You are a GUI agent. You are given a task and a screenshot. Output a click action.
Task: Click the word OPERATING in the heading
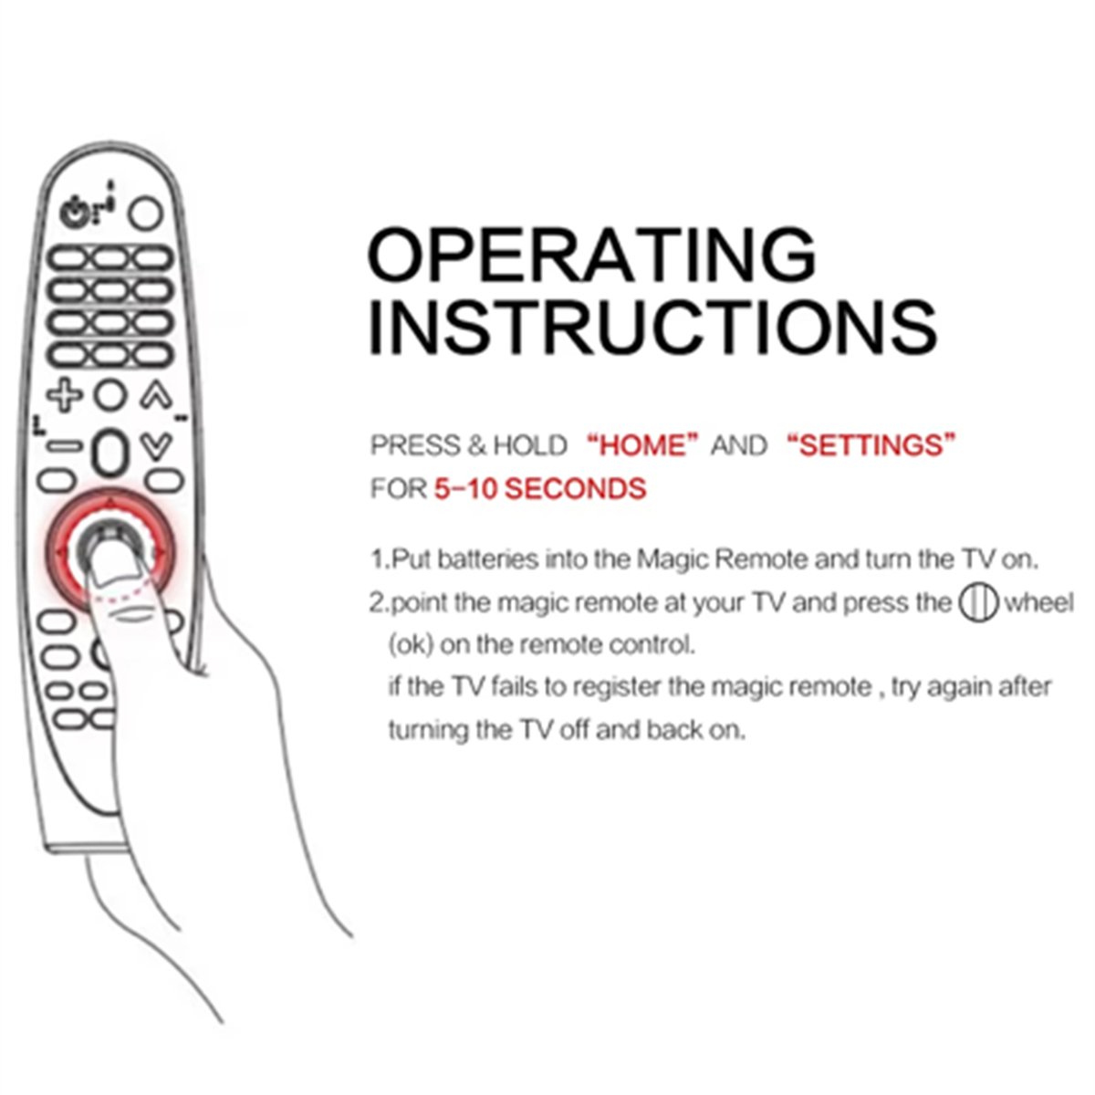click(591, 255)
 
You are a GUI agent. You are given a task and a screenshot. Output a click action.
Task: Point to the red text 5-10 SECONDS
click(540, 489)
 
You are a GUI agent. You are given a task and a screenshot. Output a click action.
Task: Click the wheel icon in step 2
click(978, 602)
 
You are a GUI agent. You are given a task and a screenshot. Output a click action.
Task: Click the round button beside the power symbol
click(145, 214)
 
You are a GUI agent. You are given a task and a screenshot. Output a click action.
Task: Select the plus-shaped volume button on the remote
click(64, 395)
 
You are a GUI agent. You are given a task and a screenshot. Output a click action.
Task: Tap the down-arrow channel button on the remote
click(156, 446)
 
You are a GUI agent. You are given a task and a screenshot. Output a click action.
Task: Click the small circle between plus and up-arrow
click(110, 395)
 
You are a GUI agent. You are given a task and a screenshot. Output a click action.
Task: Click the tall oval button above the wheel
click(109, 453)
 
